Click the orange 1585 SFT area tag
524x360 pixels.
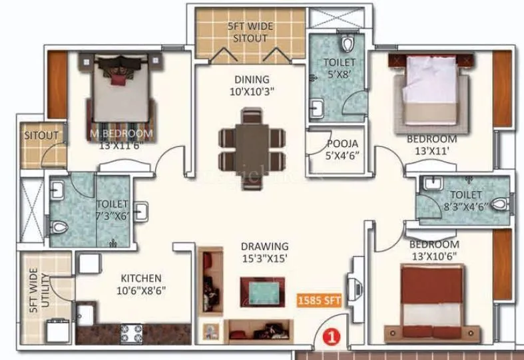point(318,300)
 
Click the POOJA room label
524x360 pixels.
point(342,148)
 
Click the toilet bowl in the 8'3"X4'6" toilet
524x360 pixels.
point(501,205)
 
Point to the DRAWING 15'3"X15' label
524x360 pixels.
point(265,252)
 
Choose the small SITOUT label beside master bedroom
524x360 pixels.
point(41,136)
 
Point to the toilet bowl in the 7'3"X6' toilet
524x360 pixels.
point(59,227)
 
